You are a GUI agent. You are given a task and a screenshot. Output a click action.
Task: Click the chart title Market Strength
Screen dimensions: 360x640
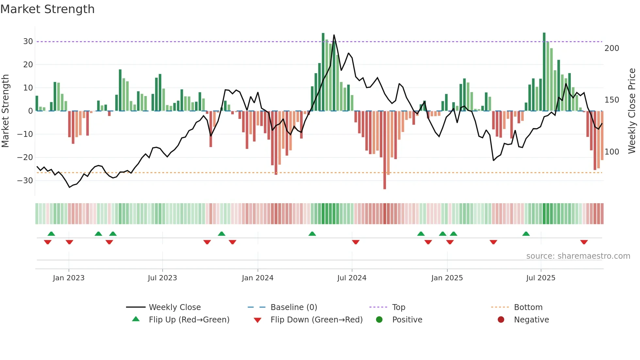pyautogui.click(x=47, y=9)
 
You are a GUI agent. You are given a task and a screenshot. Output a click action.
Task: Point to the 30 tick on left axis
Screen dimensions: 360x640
pyautogui.click(x=28, y=41)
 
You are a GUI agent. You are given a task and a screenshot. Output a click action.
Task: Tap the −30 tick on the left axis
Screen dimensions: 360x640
pyautogui.click(x=25, y=181)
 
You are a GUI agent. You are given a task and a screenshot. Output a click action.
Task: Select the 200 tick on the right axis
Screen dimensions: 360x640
pyautogui.click(x=612, y=48)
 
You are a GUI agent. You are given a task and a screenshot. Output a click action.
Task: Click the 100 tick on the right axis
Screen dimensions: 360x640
pyautogui.click(x=612, y=152)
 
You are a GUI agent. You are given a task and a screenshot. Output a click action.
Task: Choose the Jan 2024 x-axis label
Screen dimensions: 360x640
pyautogui.click(x=258, y=278)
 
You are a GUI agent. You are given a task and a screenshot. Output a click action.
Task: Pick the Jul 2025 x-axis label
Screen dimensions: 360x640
pyautogui.click(x=541, y=278)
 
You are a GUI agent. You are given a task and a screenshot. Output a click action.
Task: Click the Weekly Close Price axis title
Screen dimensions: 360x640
pyautogui.click(x=632, y=111)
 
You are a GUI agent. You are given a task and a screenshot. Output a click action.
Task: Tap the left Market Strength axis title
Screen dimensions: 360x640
pyautogui.click(x=5, y=111)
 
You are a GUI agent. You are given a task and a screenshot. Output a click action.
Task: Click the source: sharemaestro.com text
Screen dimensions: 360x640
pyautogui.click(x=578, y=256)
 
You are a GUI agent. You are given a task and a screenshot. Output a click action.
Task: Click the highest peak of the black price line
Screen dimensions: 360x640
pyautogui.click(x=334, y=35)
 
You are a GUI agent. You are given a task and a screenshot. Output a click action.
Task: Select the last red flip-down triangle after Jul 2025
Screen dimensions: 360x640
pyautogui.click(x=584, y=242)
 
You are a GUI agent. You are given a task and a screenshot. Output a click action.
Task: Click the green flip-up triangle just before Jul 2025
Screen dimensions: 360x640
pyautogui.click(x=526, y=234)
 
